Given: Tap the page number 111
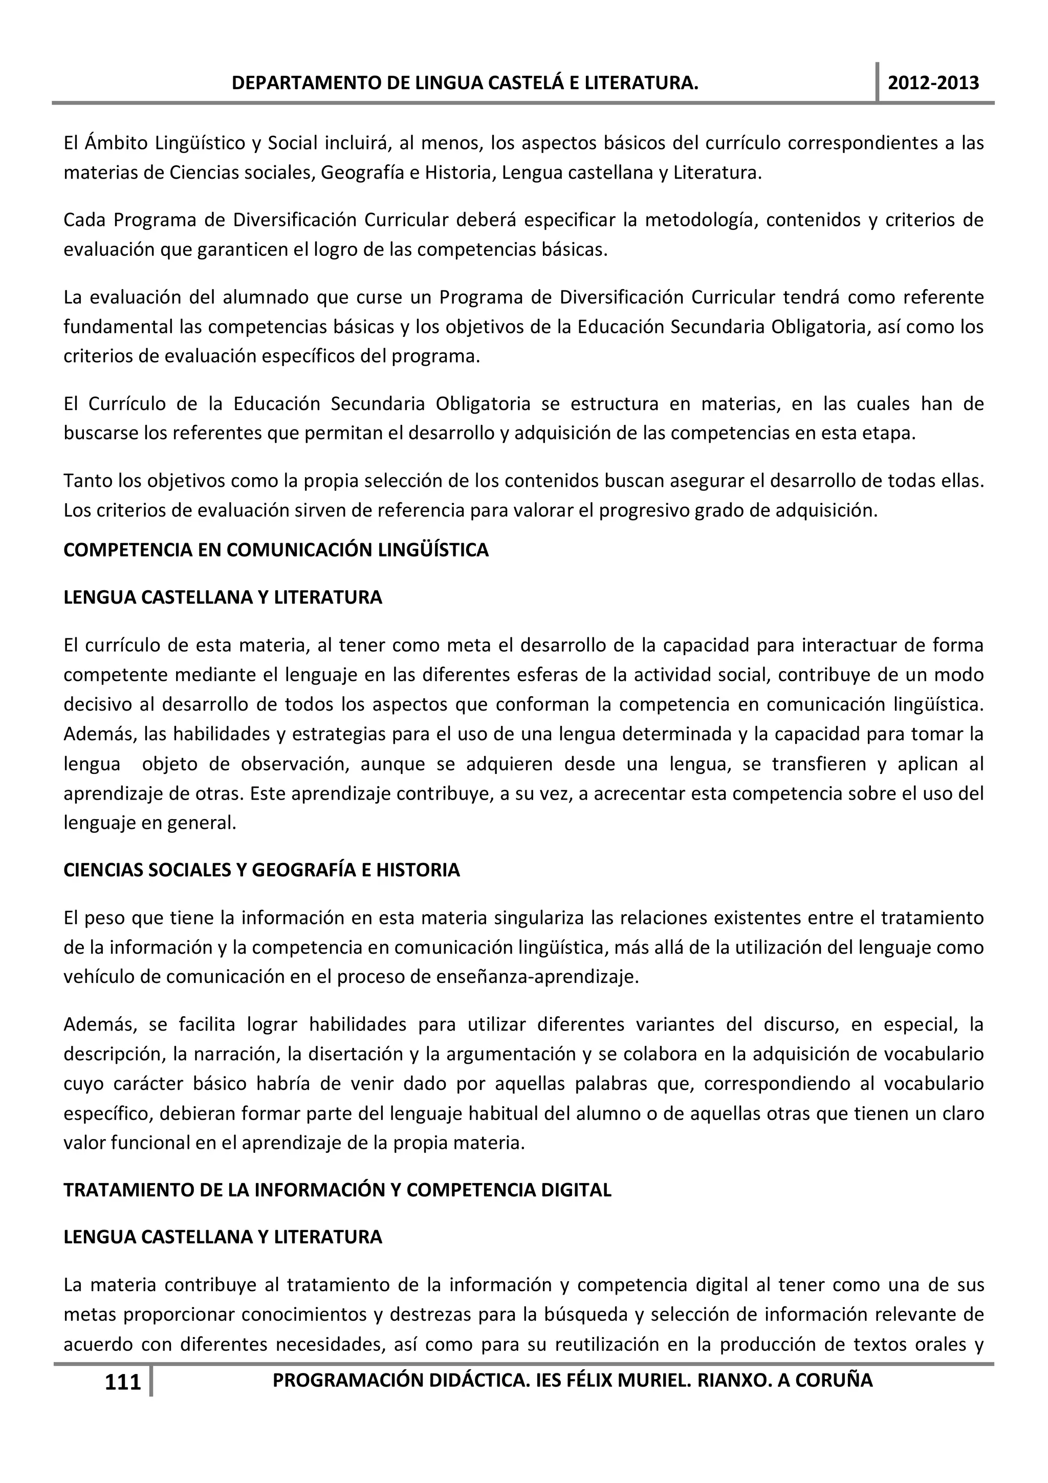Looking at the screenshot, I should (123, 1382).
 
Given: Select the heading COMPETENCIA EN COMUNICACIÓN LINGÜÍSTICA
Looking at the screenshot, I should (276, 550).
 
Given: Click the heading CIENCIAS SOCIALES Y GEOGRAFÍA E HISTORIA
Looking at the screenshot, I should (261, 870).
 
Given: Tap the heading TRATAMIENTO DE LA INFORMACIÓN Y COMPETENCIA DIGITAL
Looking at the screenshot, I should (337, 1190).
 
